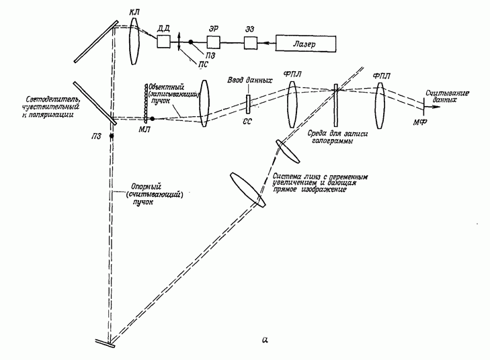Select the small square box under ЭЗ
[x=250, y=44]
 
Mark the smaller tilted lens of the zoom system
[x=287, y=152]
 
